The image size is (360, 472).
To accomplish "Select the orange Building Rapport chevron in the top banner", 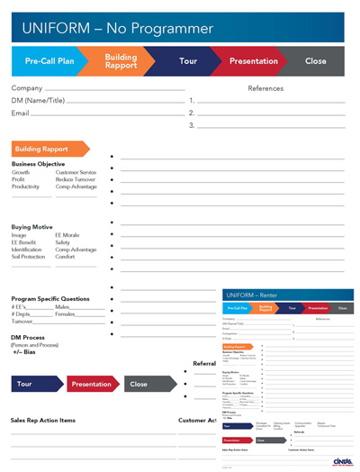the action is (x=121, y=61).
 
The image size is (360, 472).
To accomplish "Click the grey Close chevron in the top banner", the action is (x=315, y=61).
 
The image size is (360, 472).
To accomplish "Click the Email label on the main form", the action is (x=21, y=113).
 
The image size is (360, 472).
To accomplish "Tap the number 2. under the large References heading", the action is (x=193, y=113).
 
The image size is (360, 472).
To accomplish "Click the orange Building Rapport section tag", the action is (x=47, y=149).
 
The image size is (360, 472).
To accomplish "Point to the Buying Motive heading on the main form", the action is (x=32, y=227).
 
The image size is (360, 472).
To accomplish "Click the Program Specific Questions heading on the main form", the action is (x=50, y=298).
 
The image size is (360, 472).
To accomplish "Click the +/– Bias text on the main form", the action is (x=24, y=351).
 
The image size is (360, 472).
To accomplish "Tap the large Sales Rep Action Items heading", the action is (x=43, y=420).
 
